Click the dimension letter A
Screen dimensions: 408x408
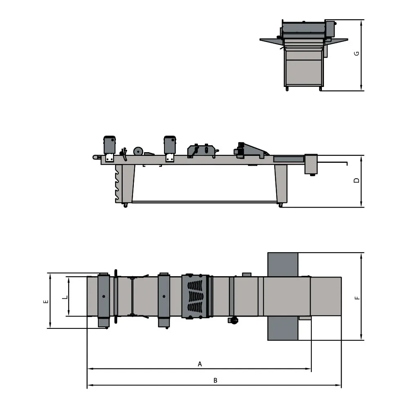click(x=200, y=364)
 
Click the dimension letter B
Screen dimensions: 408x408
click(x=215, y=380)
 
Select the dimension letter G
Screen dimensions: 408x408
click(x=357, y=53)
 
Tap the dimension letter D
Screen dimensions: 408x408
click(x=357, y=180)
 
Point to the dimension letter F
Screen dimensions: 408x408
click(x=357, y=298)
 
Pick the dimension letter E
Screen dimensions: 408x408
click(x=46, y=302)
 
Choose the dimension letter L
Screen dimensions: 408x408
click(x=65, y=297)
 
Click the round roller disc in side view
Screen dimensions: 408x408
click(x=138, y=151)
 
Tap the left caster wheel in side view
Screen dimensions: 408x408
click(x=125, y=206)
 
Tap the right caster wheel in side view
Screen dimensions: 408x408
click(x=280, y=205)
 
